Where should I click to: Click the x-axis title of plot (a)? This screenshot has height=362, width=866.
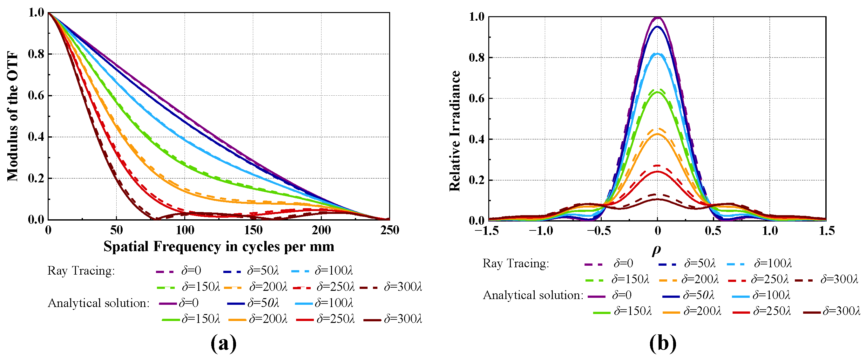point(219,247)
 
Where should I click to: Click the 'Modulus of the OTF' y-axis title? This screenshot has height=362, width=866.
point(13,116)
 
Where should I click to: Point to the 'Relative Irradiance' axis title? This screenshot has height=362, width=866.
point(455,131)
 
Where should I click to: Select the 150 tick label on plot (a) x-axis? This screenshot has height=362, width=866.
point(253,230)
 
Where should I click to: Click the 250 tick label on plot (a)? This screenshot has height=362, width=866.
point(389,230)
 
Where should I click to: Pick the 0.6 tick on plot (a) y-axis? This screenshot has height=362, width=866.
point(36,96)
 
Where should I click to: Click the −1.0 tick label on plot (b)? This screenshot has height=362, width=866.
point(541,231)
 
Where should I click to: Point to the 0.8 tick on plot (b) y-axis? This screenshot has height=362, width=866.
point(477,58)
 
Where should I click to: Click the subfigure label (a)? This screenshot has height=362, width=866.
point(223,343)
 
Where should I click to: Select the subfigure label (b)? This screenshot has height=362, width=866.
point(663,343)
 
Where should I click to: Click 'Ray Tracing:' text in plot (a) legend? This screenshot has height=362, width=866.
point(81,270)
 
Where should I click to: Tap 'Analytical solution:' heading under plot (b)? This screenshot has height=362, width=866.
point(533,295)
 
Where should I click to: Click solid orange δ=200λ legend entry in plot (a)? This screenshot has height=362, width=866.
point(258,319)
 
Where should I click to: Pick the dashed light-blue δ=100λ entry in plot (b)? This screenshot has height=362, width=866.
point(759,263)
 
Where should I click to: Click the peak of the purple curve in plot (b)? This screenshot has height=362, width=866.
point(658,17)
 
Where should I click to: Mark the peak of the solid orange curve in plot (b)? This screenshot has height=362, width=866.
point(658,134)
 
